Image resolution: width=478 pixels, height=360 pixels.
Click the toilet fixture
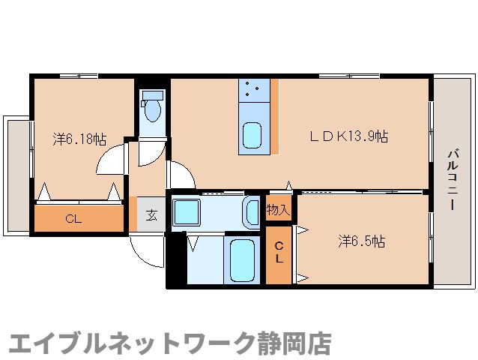[152, 109]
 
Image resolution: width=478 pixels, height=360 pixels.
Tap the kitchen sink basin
[252, 137]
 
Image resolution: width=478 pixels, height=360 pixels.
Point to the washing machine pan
[184, 213]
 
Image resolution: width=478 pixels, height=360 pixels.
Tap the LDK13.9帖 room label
[350, 136]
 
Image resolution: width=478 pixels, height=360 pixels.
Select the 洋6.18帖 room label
[79, 139]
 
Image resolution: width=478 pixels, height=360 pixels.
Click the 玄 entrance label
[151, 214]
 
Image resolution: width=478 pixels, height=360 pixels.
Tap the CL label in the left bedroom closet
[73, 219]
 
